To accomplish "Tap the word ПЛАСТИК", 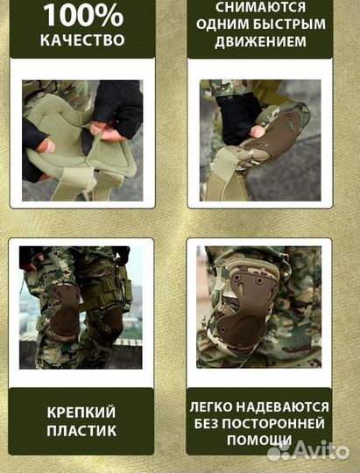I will click(x=83, y=431).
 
